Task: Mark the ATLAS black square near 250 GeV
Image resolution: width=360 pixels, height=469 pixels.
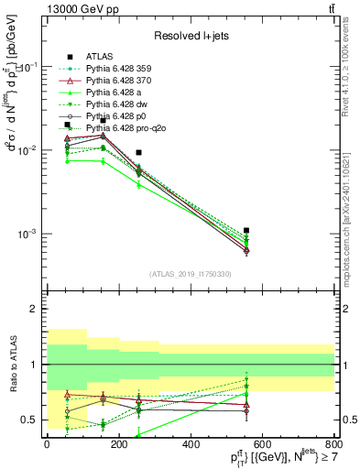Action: [138, 153]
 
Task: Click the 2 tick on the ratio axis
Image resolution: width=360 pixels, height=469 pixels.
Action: [35, 310]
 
